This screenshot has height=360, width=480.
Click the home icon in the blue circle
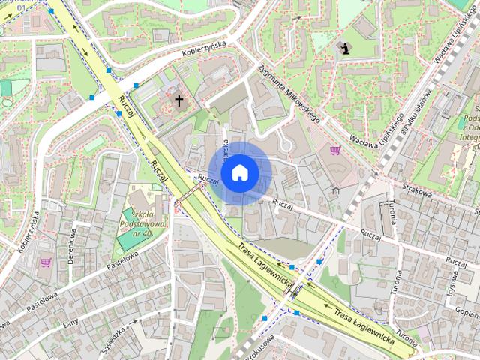click(x=240, y=172)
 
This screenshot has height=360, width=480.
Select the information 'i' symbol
click(x=345, y=49)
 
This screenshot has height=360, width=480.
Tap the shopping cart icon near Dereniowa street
click(x=45, y=262)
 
